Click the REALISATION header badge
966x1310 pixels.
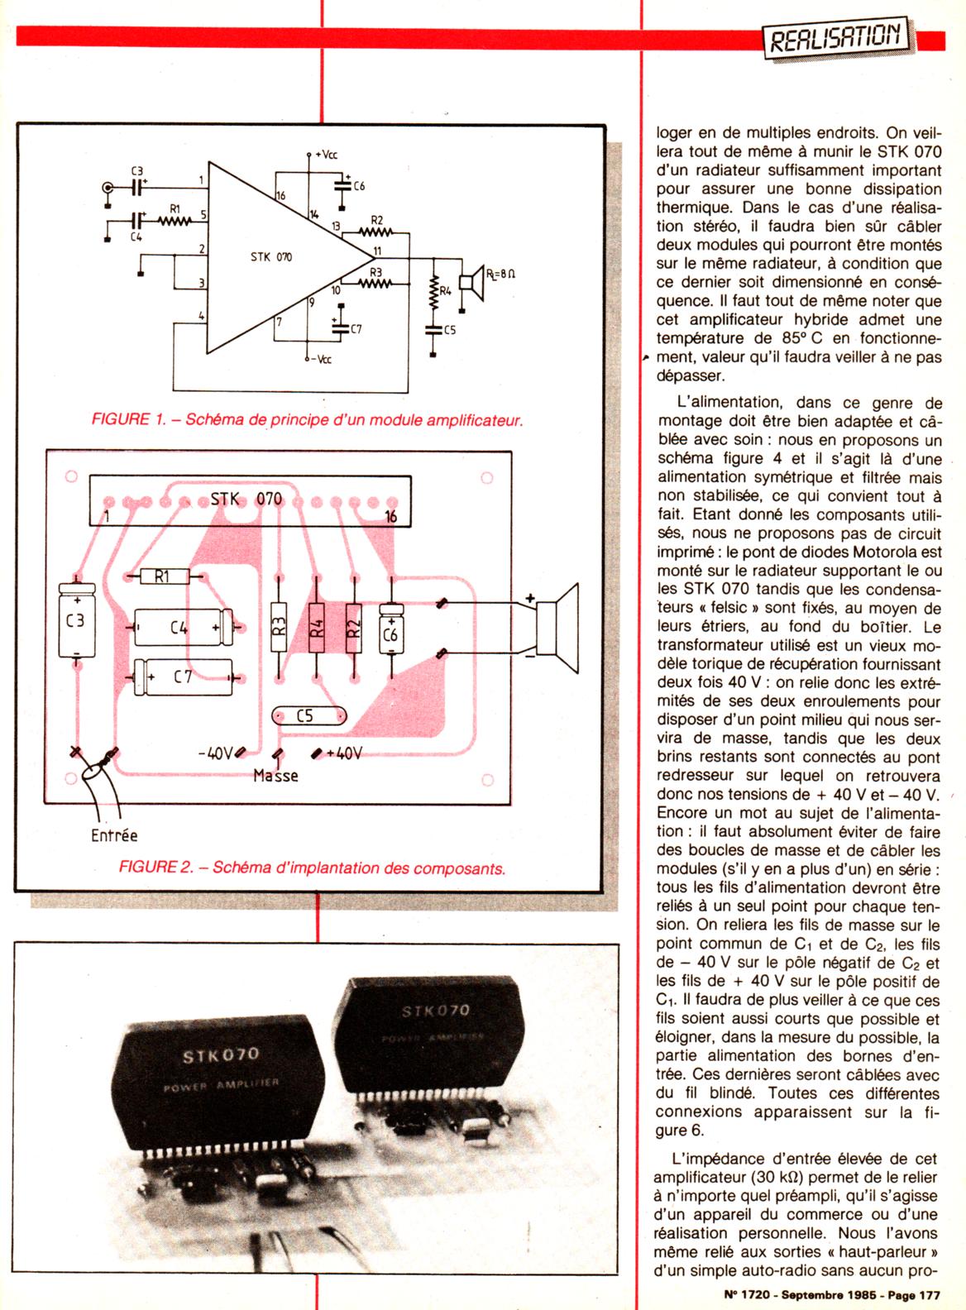(835, 37)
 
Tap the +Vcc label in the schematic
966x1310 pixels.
(326, 155)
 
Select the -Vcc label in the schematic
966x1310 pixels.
(320, 360)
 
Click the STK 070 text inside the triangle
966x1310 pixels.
(271, 257)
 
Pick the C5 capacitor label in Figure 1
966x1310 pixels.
(449, 330)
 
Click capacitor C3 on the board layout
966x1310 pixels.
(76, 620)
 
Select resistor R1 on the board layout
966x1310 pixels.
(162, 576)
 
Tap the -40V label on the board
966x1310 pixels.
(217, 753)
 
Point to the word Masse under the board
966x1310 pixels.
(275, 776)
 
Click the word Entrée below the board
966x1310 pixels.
(114, 835)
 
